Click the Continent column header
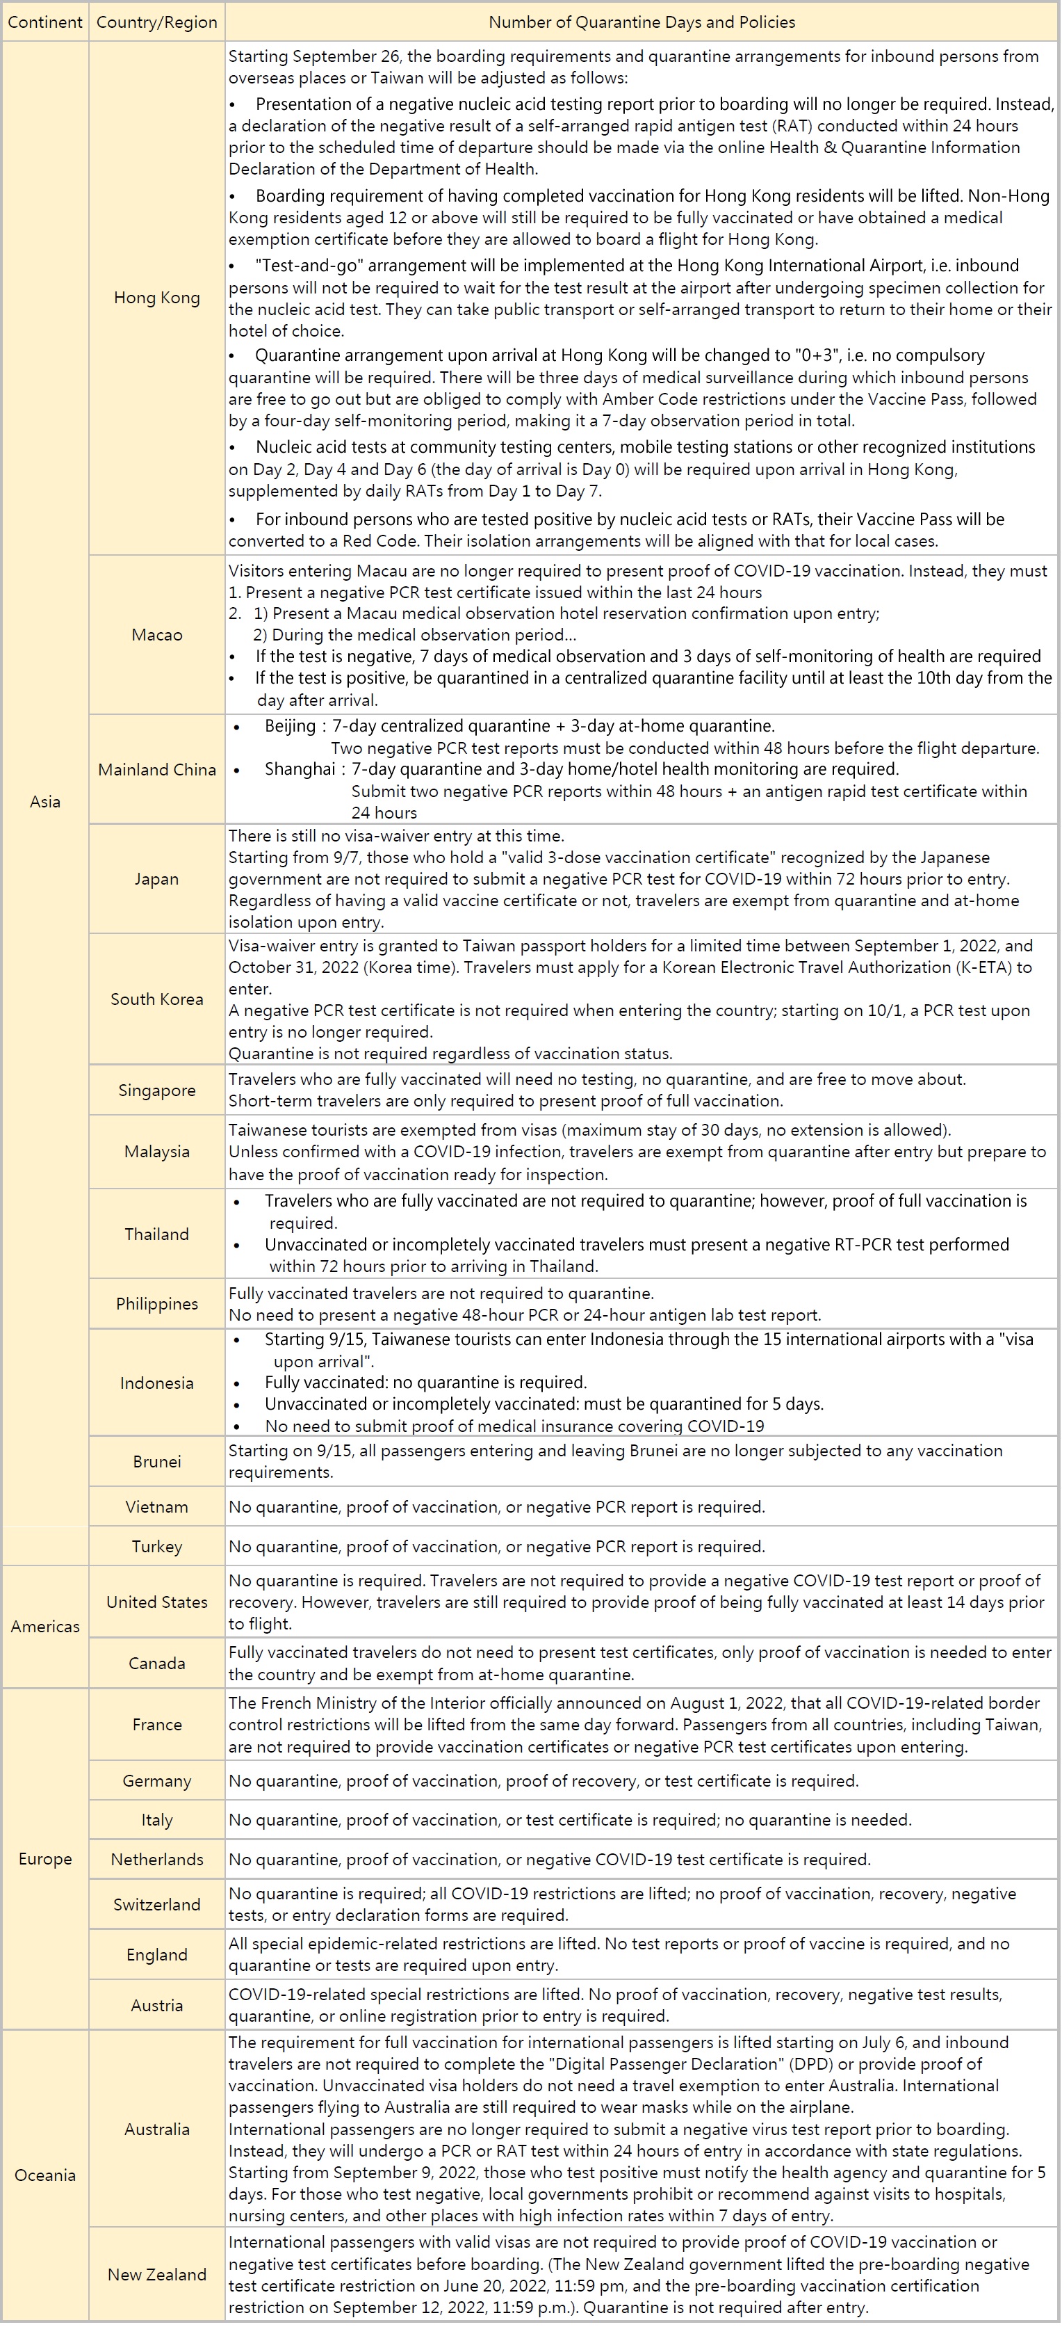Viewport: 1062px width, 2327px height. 45,22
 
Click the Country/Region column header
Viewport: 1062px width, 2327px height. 157,22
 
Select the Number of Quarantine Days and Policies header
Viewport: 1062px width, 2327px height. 642,22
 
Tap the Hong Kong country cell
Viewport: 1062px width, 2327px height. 157,298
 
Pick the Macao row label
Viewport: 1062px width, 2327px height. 157,635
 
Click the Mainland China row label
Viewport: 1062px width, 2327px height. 157,770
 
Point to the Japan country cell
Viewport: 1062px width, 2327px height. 157,879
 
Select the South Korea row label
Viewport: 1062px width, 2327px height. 157,999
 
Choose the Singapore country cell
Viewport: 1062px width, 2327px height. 157,1090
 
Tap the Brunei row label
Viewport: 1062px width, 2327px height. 157,1462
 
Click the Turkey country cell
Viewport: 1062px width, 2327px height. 157,1547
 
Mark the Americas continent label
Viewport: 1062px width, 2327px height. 45,1627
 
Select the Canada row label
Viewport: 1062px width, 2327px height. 157,1663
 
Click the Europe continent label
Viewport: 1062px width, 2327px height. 45,1859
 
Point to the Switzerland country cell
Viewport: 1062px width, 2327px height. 157,1904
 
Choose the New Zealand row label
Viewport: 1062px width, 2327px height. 157,2275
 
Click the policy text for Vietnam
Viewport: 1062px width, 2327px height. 497,1507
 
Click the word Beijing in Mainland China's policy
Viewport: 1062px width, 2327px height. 290,726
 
